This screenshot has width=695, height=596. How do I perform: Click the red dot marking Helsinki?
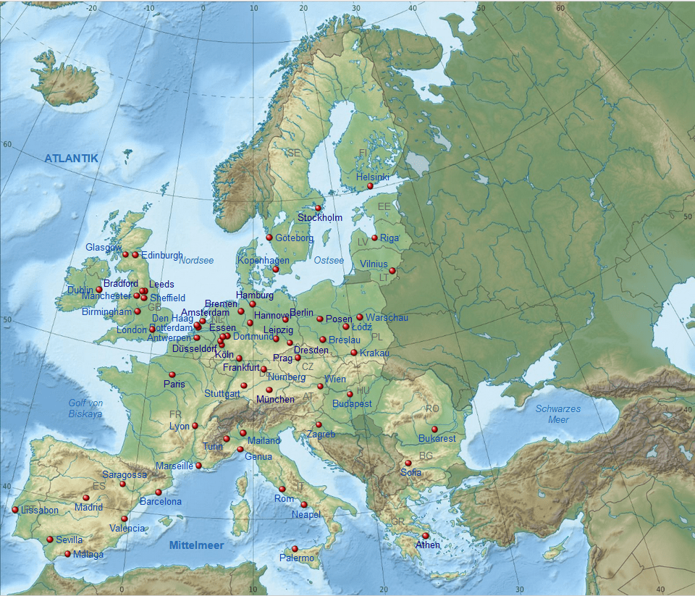click(370, 186)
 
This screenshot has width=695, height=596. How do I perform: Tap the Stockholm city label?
click(320, 217)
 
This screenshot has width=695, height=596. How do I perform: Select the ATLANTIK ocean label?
click(71, 158)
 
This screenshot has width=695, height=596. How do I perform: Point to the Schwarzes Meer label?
click(557, 414)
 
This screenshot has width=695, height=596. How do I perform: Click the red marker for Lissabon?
click(15, 510)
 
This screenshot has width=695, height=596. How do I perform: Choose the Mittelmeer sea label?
click(196, 545)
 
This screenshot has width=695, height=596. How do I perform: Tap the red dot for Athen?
click(426, 536)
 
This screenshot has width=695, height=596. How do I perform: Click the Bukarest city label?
click(437, 438)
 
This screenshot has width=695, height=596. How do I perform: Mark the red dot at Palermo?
click(295, 549)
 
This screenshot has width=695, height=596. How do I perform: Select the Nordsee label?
click(196, 260)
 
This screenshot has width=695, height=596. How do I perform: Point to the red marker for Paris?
click(172, 374)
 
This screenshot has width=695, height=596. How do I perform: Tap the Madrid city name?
click(88, 507)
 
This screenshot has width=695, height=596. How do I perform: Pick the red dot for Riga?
click(374, 238)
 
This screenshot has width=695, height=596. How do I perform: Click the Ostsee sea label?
click(328, 260)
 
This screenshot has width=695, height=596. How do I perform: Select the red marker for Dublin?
click(99, 290)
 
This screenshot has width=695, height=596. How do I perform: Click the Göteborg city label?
click(294, 238)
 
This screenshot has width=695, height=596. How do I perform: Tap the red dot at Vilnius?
click(392, 271)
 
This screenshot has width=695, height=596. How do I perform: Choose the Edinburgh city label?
click(161, 255)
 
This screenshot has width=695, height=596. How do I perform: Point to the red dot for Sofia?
click(408, 463)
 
